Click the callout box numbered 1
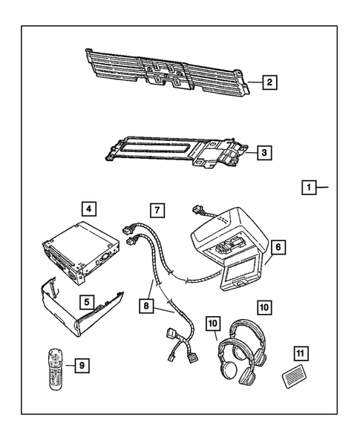(307, 188)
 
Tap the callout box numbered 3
(264, 154)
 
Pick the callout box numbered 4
(88, 210)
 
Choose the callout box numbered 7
(156, 210)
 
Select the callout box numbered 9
(82, 364)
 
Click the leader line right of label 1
(322, 188)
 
